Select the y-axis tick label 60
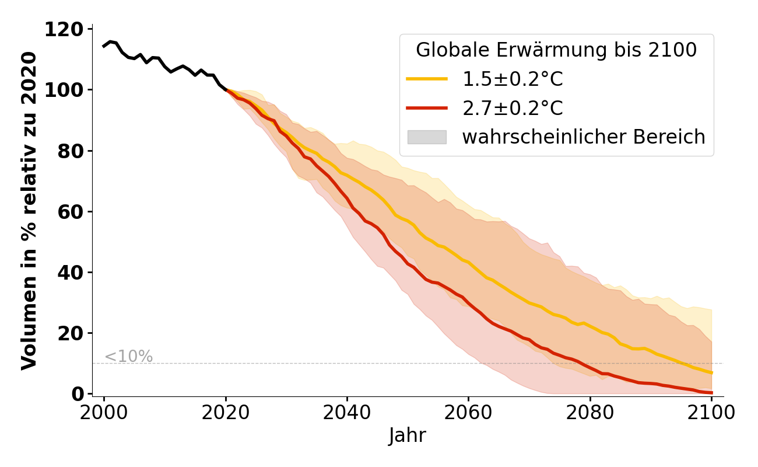tap(71, 211)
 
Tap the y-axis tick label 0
tap(78, 394)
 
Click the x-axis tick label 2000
tap(104, 413)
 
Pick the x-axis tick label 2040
tap(347, 413)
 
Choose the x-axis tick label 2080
tap(590, 413)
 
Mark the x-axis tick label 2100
tap(711, 413)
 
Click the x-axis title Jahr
tap(408, 435)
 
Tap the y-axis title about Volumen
tap(29, 210)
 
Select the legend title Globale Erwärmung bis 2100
tap(556, 50)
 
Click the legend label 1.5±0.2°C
tap(513, 79)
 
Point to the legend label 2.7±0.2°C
tap(513, 108)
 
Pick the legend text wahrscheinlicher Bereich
tap(584, 137)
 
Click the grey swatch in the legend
tap(427, 137)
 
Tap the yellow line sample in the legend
tap(427, 79)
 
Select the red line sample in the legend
tap(427, 108)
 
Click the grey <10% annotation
tap(128, 356)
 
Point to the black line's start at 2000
tap(104, 46)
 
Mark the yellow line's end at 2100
tap(711, 372)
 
